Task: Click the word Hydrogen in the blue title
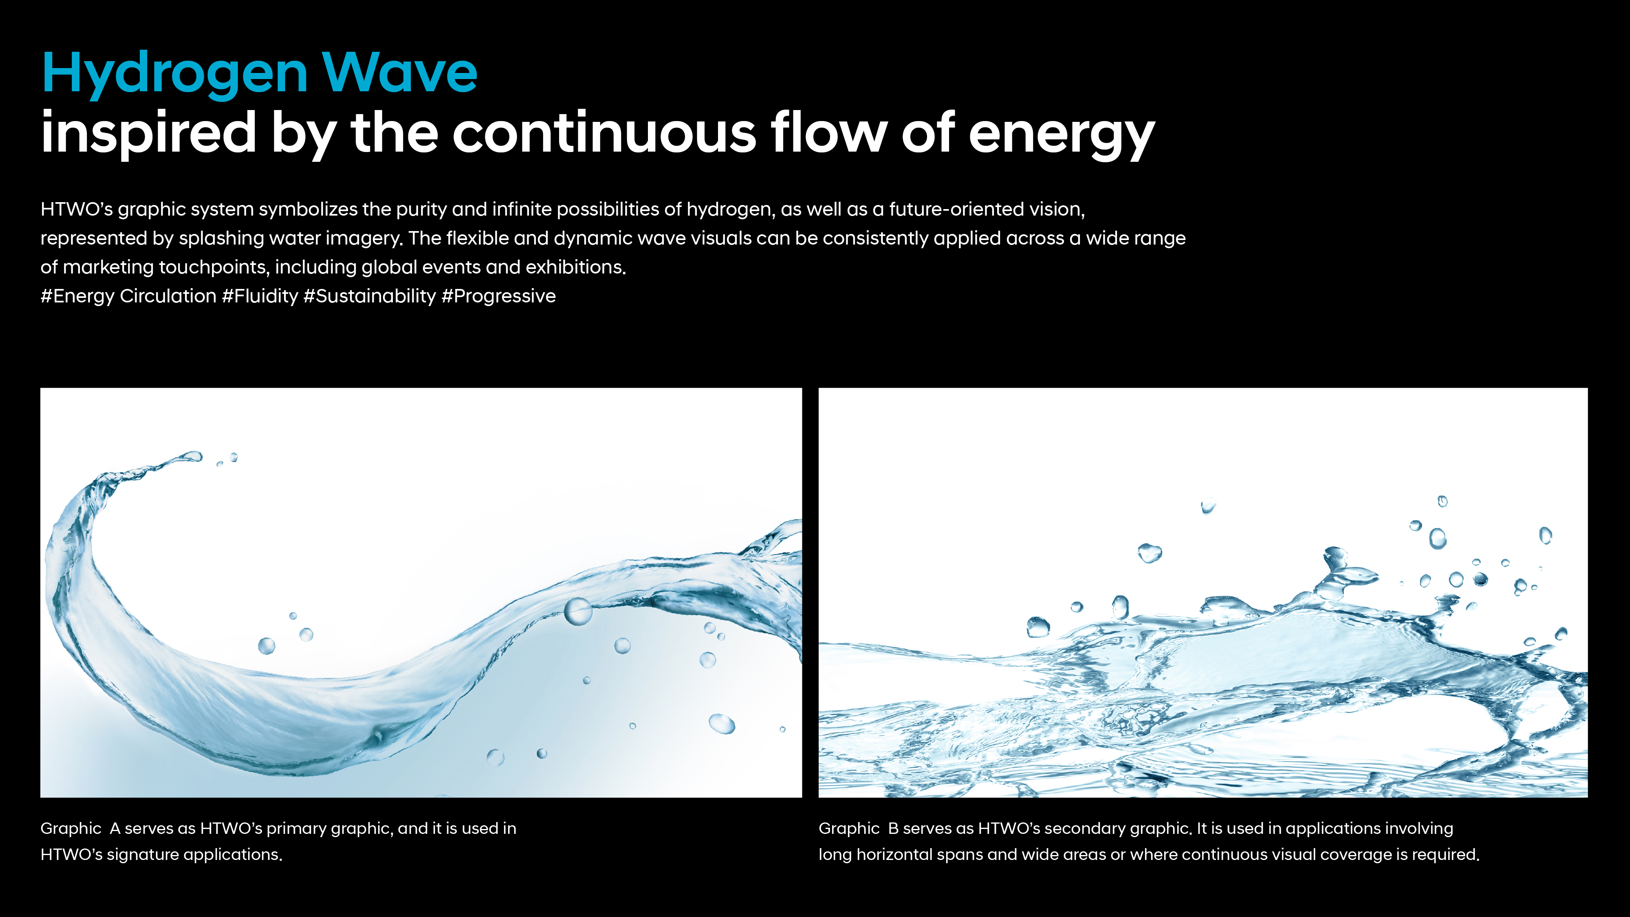coord(175,75)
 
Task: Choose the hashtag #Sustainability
coord(370,296)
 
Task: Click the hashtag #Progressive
coord(499,296)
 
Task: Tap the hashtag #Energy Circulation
coord(128,296)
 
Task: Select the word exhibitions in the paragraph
coord(575,267)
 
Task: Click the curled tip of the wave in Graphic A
coord(191,456)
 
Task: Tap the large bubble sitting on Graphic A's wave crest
coord(578,611)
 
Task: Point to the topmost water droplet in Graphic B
coord(1443,501)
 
